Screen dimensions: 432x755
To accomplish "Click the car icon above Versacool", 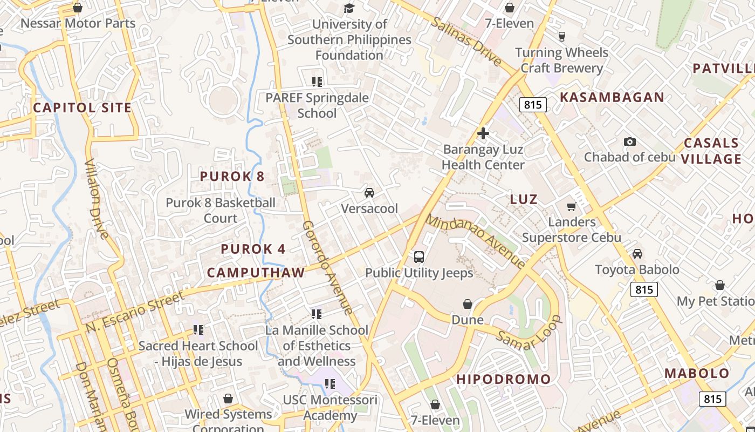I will click(369, 193).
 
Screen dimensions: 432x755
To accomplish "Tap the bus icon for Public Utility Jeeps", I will click(419, 257).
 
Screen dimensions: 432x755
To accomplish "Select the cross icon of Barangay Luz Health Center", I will click(483, 133).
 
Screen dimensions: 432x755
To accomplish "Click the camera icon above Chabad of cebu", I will click(629, 142).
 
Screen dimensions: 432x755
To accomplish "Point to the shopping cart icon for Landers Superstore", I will click(572, 206).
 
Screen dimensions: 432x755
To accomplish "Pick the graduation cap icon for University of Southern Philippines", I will click(349, 9).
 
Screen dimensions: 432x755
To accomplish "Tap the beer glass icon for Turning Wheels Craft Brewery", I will click(561, 37).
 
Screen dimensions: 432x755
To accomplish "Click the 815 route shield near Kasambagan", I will click(533, 105).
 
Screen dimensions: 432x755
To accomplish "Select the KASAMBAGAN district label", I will click(612, 97).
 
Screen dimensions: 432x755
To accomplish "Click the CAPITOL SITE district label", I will click(83, 107).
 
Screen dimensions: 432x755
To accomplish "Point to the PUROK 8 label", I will click(232, 177).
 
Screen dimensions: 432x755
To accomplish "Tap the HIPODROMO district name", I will click(504, 380).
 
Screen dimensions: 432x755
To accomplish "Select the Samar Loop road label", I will click(530, 333).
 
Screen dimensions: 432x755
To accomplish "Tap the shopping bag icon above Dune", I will click(468, 305).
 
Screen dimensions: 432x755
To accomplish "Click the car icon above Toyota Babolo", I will click(637, 254).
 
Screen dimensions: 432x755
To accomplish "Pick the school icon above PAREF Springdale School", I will click(317, 82).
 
